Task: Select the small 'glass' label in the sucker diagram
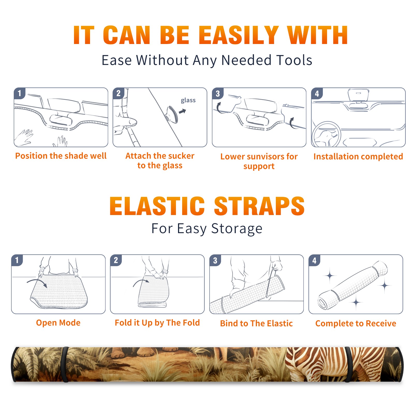point(188,100)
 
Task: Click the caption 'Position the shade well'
point(61,156)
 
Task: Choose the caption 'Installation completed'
point(358,157)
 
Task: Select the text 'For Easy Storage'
point(207,228)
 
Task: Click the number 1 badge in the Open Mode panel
point(17,260)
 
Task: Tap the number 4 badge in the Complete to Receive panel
point(314,260)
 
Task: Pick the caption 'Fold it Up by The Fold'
point(157,323)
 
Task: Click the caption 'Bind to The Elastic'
point(256,323)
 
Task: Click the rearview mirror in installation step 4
point(358,95)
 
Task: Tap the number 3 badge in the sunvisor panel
point(218,93)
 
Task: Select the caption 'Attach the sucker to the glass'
point(160,160)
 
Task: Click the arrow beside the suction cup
point(183,111)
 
